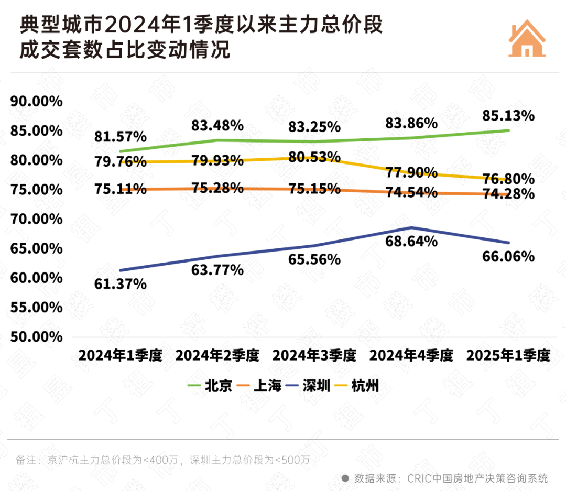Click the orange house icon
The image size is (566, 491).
pyautogui.click(x=527, y=39)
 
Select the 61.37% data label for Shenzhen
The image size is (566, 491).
pyautogui.click(x=120, y=284)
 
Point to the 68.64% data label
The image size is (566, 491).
pyautogui.click(x=411, y=242)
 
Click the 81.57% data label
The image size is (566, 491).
pyautogui.click(x=120, y=137)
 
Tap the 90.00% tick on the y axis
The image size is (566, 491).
pyautogui.click(x=36, y=101)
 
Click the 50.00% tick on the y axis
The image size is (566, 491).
pyautogui.click(x=36, y=336)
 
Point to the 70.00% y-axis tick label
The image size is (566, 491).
pyautogui.click(x=36, y=219)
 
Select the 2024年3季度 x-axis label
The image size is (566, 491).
pyautogui.click(x=314, y=356)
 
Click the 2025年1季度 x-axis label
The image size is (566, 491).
pyautogui.click(x=508, y=356)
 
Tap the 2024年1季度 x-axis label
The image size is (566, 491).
pyautogui.click(x=120, y=356)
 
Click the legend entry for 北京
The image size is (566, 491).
pyautogui.click(x=210, y=386)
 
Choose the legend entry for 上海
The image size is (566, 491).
pyautogui.click(x=259, y=386)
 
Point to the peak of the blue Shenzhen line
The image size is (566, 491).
pyautogui.click(x=411, y=227)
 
